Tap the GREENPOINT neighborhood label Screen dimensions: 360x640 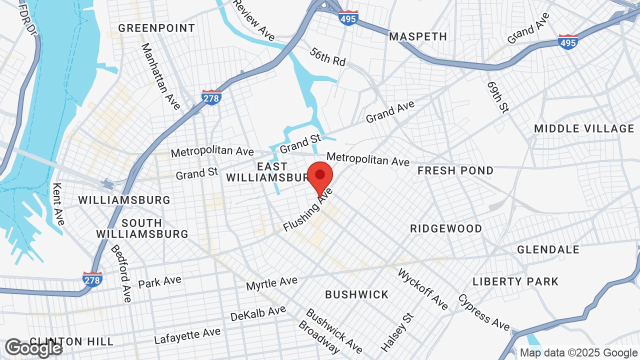click(156, 28)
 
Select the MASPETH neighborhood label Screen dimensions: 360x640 click(418, 36)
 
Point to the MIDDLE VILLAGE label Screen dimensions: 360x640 click(584, 128)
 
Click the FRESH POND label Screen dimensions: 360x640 click(455, 170)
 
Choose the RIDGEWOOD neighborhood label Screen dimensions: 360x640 click(446, 228)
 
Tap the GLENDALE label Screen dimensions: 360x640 click(548, 249)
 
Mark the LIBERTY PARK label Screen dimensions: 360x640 click(515, 281)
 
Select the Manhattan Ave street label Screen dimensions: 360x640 click(160, 76)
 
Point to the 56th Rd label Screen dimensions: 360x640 click(327, 56)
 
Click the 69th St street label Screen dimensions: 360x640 click(497, 97)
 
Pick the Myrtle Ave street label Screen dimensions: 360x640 click(271, 283)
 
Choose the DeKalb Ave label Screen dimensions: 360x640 click(258, 313)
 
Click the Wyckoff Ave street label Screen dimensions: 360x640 click(423, 289)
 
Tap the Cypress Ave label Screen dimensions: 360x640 click(483, 312)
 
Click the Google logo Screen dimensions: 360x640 click(33, 348)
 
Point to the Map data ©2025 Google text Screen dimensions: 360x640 click(578, 352)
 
